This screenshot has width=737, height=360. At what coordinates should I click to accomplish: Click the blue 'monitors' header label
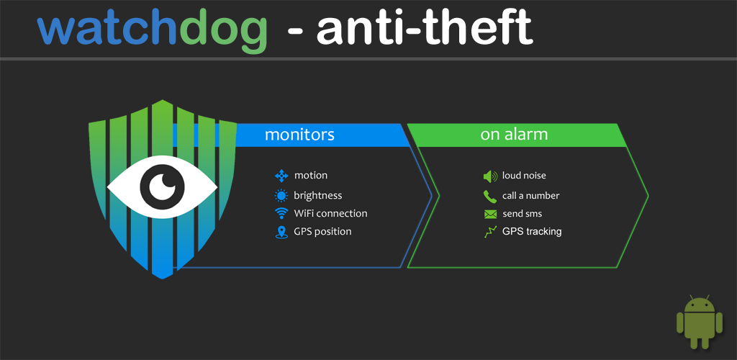[299, 135]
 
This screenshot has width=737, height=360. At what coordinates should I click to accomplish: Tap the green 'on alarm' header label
[514, 135]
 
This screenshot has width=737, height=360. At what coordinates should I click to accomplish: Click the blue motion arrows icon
[281, 176]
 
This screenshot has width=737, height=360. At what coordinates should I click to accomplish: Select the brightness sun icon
[281, 196]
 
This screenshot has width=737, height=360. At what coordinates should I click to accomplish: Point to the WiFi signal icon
[281, 213]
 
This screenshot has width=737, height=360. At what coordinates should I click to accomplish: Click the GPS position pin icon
[281, 232]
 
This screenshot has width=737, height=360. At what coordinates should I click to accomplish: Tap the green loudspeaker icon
[489, 176]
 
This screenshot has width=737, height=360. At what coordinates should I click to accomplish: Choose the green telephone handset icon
[489, 196]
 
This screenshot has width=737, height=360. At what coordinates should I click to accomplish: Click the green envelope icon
[490, 215]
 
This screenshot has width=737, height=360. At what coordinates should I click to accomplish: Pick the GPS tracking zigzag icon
[490, 232]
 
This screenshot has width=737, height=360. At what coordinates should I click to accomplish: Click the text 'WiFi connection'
[330, 213]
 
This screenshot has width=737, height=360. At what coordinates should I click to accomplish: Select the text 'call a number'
[530, 196]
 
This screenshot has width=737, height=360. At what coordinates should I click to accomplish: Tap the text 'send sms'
[523, 214]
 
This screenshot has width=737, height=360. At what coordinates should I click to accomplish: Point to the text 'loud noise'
[524, 176]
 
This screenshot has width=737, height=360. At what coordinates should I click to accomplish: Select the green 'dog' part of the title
[223, 32]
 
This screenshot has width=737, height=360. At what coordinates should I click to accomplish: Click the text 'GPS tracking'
[532, 232]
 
